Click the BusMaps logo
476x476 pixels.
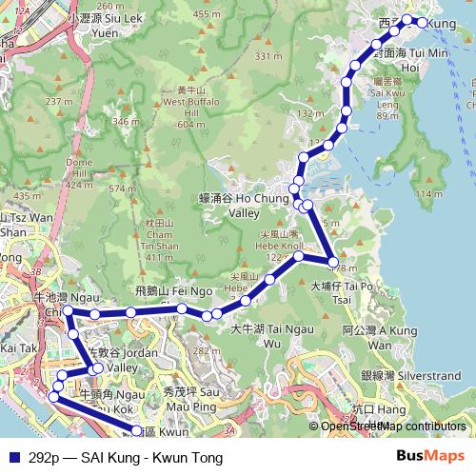(431, 455)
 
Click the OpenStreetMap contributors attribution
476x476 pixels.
(391, 426)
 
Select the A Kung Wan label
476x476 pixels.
(367, 337)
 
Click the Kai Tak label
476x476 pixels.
(19, 349)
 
